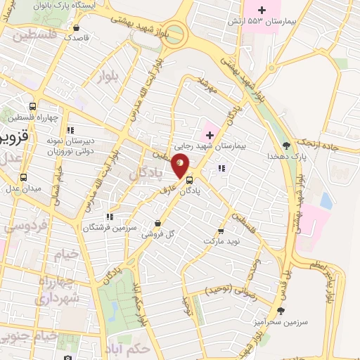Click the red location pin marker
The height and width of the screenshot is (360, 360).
pyautogui.click(x=180, y=163)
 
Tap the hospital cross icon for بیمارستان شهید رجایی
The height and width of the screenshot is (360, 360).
pyautogui.click(x=210, y=134)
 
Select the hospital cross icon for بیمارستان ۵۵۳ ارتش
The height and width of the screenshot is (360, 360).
pyautogui.click(x=262, y=10)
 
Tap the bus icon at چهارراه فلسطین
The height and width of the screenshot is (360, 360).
pyautogui.click(x=32, y=107)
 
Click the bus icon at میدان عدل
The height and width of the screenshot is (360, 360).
pyautogui.click(x=23, y=178)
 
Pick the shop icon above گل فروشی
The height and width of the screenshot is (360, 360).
pyautogui.click(x=157, y=223)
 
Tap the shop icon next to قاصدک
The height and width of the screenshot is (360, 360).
pyautogui.click(x=75, y=28)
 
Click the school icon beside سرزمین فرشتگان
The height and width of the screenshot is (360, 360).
pyautogui.click(x=109, y=217)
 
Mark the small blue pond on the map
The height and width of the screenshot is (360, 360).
pyautogui.click(x=326, y=200)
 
